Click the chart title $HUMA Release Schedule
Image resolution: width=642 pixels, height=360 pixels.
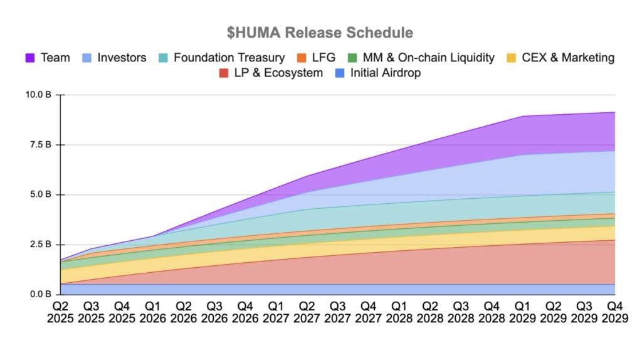coord(320,32)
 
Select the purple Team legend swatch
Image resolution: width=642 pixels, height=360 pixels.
coord(30,58)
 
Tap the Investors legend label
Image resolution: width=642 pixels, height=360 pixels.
coord(122,58)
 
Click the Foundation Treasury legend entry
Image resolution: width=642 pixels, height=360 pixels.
coord(229,58)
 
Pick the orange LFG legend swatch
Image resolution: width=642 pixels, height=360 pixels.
coord(302,58)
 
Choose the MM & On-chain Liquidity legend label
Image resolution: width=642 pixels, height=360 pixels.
coord(428,58)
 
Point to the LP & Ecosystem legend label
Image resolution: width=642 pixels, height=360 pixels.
coord(277,73)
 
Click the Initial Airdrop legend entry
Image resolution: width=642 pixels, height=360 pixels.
coord(385,73)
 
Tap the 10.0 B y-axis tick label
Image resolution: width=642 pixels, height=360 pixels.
coord(39,95)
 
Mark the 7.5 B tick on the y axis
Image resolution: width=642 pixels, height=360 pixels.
coord(41,145)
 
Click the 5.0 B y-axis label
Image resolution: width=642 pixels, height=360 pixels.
coord(41,194)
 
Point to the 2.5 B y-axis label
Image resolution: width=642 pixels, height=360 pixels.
coord(41,245)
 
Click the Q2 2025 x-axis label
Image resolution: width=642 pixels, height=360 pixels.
coord(61,312)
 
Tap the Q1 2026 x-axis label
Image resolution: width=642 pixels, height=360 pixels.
coord(153,312)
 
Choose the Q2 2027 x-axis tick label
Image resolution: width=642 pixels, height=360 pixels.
coord(307,312)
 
